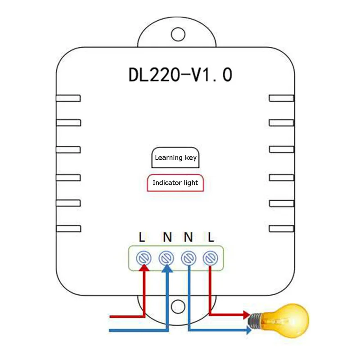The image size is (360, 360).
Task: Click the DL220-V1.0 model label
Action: coord(180,75)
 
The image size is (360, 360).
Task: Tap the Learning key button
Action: coord(175,157)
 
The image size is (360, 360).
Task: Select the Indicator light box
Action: coord(175,183)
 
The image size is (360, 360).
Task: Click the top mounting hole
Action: coord(178,34)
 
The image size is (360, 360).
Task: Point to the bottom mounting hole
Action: coord(178,306)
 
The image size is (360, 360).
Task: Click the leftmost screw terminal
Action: coord(144,258)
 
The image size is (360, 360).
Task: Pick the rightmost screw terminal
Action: coord(210,258)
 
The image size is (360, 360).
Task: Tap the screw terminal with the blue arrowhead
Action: coord(166,258)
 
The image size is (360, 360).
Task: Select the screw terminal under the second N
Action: coord(189,258)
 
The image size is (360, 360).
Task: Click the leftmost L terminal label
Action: coord(142,237)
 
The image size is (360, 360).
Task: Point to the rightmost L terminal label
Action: coord(211,237)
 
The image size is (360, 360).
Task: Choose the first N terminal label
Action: coord(167,237)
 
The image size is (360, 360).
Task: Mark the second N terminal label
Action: coord(188,237)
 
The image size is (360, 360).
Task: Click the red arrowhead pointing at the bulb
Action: coord(247,315)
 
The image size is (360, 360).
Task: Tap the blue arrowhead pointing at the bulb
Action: coord(249,330)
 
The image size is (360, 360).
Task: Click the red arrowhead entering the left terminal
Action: coord(144,268)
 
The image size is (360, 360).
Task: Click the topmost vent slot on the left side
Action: coord(68,98)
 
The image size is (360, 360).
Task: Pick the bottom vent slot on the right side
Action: coord(282,229)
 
